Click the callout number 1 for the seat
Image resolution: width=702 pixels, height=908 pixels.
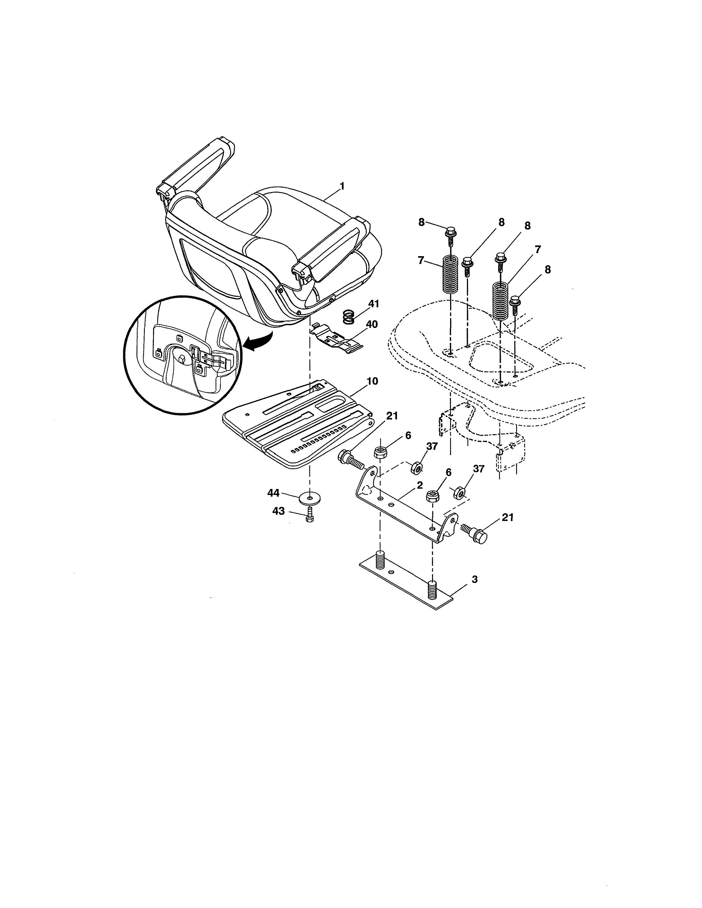(342, 187)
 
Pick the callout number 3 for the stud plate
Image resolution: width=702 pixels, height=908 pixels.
(475, 579)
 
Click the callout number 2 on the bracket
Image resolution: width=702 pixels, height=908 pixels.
(420, 485)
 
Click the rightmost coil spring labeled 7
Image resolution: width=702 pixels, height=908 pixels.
(501, 300)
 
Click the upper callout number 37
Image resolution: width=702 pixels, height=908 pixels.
(432, 447)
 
